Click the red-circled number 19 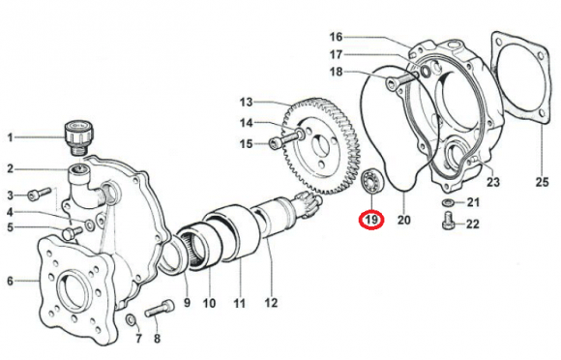tap(371, 220)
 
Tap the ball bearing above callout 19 tap(372, 181)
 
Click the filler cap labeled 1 tap(75, 137)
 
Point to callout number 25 tap(542, 182)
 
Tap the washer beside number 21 tap(447, 202)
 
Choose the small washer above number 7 tap(132, 320)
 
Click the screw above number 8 tap(160, 309)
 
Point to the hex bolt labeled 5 tap(73, 232)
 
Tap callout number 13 tap(246, 103)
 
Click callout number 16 tap(336, 37)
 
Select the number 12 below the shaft tap(271, 303)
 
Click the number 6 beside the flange tap(10, 281)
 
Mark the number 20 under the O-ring tap(404, 220)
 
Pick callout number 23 tap(492, 182)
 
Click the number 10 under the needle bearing tap(209, 304)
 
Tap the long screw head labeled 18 tap(391, 84)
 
